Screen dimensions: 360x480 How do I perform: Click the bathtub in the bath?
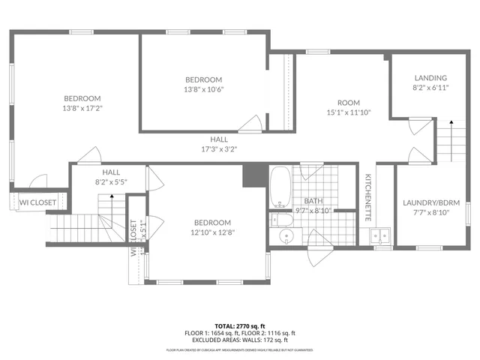(x=280, y=187)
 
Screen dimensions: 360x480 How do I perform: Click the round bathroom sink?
(x=286, y=237)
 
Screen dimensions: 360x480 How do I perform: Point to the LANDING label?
(x=430, y=78)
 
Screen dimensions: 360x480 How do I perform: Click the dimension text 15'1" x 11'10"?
(x=349, y=112)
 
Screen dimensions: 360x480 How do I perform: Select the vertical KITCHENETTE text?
(x=368, y=197)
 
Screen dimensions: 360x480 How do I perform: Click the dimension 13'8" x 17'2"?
(x=82, y=108)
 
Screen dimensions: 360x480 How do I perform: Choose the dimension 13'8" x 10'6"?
(x=204, y=89)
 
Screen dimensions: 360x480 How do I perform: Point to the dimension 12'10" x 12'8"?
(x=212, y=232)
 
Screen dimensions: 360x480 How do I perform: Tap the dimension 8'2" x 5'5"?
(x=111, y=181)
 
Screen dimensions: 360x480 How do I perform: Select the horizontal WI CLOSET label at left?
(x=37, y=202)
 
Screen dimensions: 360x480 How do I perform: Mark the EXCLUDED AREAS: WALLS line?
(x=240, y=339)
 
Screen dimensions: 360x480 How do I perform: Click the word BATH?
(x=313, y=201)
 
